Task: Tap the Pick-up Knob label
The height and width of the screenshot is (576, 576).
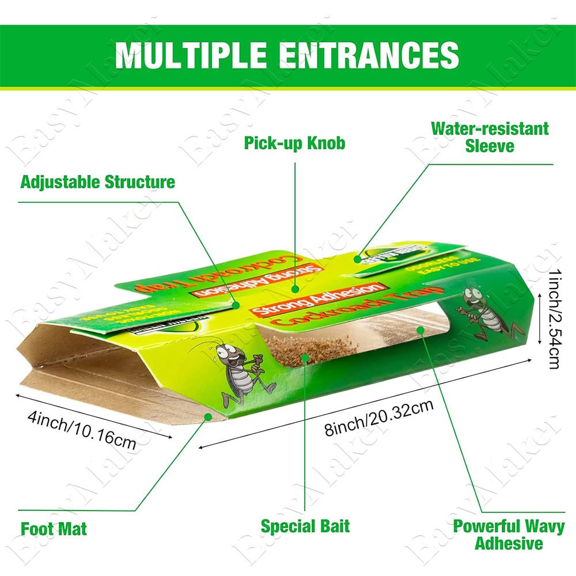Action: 295,142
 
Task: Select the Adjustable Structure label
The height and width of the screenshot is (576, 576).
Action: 97,183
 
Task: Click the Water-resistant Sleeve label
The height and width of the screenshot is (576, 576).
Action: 490,137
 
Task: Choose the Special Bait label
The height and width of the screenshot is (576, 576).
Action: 305,526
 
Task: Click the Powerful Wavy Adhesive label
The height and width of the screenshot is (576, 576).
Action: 509,534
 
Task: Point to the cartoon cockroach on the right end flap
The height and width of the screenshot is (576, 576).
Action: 484,312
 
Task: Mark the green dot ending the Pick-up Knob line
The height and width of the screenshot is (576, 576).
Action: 295,290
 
